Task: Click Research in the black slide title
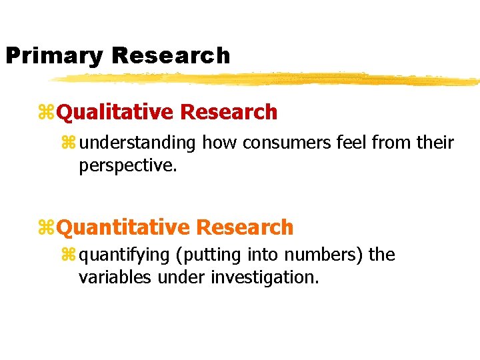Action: (171, 55)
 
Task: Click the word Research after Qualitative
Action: (229, 112)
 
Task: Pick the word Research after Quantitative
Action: (245, 227)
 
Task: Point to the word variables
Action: (115, 277)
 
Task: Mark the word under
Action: (181, 277)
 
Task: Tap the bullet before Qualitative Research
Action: (47, 113)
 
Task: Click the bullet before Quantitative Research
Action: (47, 228)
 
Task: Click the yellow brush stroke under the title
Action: (267, 79)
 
